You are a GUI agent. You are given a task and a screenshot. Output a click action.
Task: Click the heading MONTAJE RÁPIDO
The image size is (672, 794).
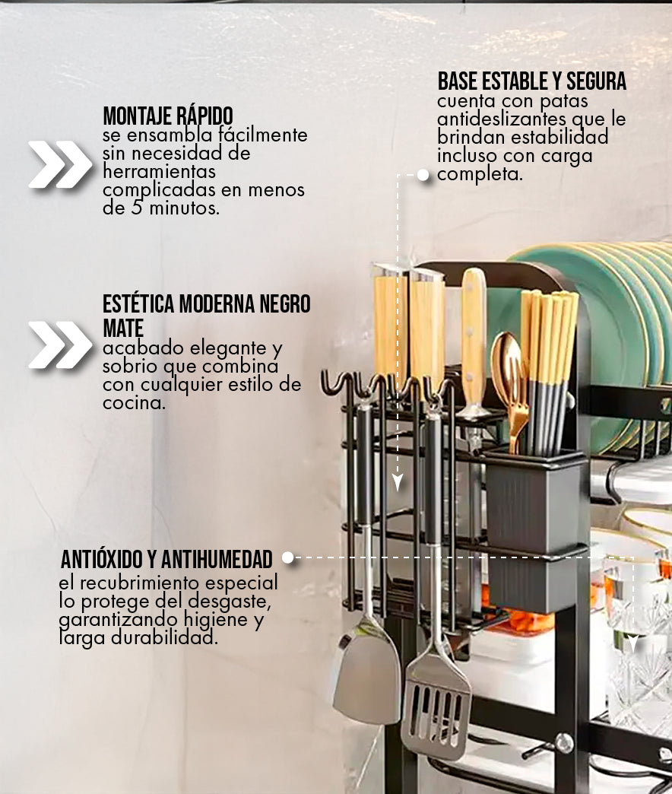pos(168,116)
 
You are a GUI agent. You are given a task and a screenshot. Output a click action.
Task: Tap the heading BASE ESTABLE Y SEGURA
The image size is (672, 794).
pos(532,81)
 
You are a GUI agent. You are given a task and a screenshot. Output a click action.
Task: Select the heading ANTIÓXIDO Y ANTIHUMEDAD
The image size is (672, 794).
pos(166,560)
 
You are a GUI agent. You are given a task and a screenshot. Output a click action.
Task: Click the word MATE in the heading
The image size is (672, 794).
pos(123,328)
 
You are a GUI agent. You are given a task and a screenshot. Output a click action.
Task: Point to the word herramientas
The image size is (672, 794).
pos(160,171)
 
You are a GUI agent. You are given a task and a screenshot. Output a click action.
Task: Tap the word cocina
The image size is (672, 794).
pos(134,403)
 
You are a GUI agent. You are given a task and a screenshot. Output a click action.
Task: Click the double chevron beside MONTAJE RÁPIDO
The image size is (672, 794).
pos(61,164)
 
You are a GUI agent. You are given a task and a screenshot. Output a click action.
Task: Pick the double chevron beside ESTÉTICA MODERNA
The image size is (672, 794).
pos(61,345)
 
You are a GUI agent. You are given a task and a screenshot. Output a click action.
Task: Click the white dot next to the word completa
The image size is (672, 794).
pos(423,175)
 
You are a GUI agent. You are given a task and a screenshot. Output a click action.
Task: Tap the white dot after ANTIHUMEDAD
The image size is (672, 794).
pos(288,557)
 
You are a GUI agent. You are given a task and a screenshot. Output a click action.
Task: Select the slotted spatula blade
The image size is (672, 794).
pos(436,708)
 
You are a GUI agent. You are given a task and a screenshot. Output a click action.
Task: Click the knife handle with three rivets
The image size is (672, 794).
pos(474,339)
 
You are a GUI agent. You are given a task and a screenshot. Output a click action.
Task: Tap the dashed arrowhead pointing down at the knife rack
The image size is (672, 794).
pos(398,483)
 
